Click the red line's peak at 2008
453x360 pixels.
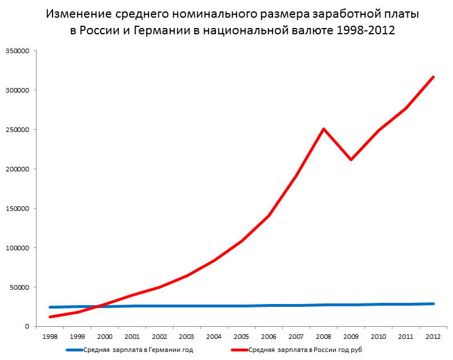[324, 129]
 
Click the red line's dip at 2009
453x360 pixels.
[351, 159]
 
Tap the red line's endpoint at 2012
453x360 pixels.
[434, 77]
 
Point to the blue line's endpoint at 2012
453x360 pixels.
[434, 303]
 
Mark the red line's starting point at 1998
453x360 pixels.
[50, 317]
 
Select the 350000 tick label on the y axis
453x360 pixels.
[17, 51]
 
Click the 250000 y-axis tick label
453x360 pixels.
[17, 130]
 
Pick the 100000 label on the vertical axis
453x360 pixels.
[17, 248]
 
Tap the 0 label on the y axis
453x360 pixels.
[27, 327]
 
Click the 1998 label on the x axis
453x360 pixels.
[50, 337]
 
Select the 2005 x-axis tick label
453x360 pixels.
[242, 337]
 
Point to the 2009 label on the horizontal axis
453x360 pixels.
[351, 337]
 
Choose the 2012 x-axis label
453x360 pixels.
[434, 337]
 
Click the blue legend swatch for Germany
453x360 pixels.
[75, 350]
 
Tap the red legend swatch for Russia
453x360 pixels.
[239, 350]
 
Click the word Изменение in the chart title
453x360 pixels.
[78, 14]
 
